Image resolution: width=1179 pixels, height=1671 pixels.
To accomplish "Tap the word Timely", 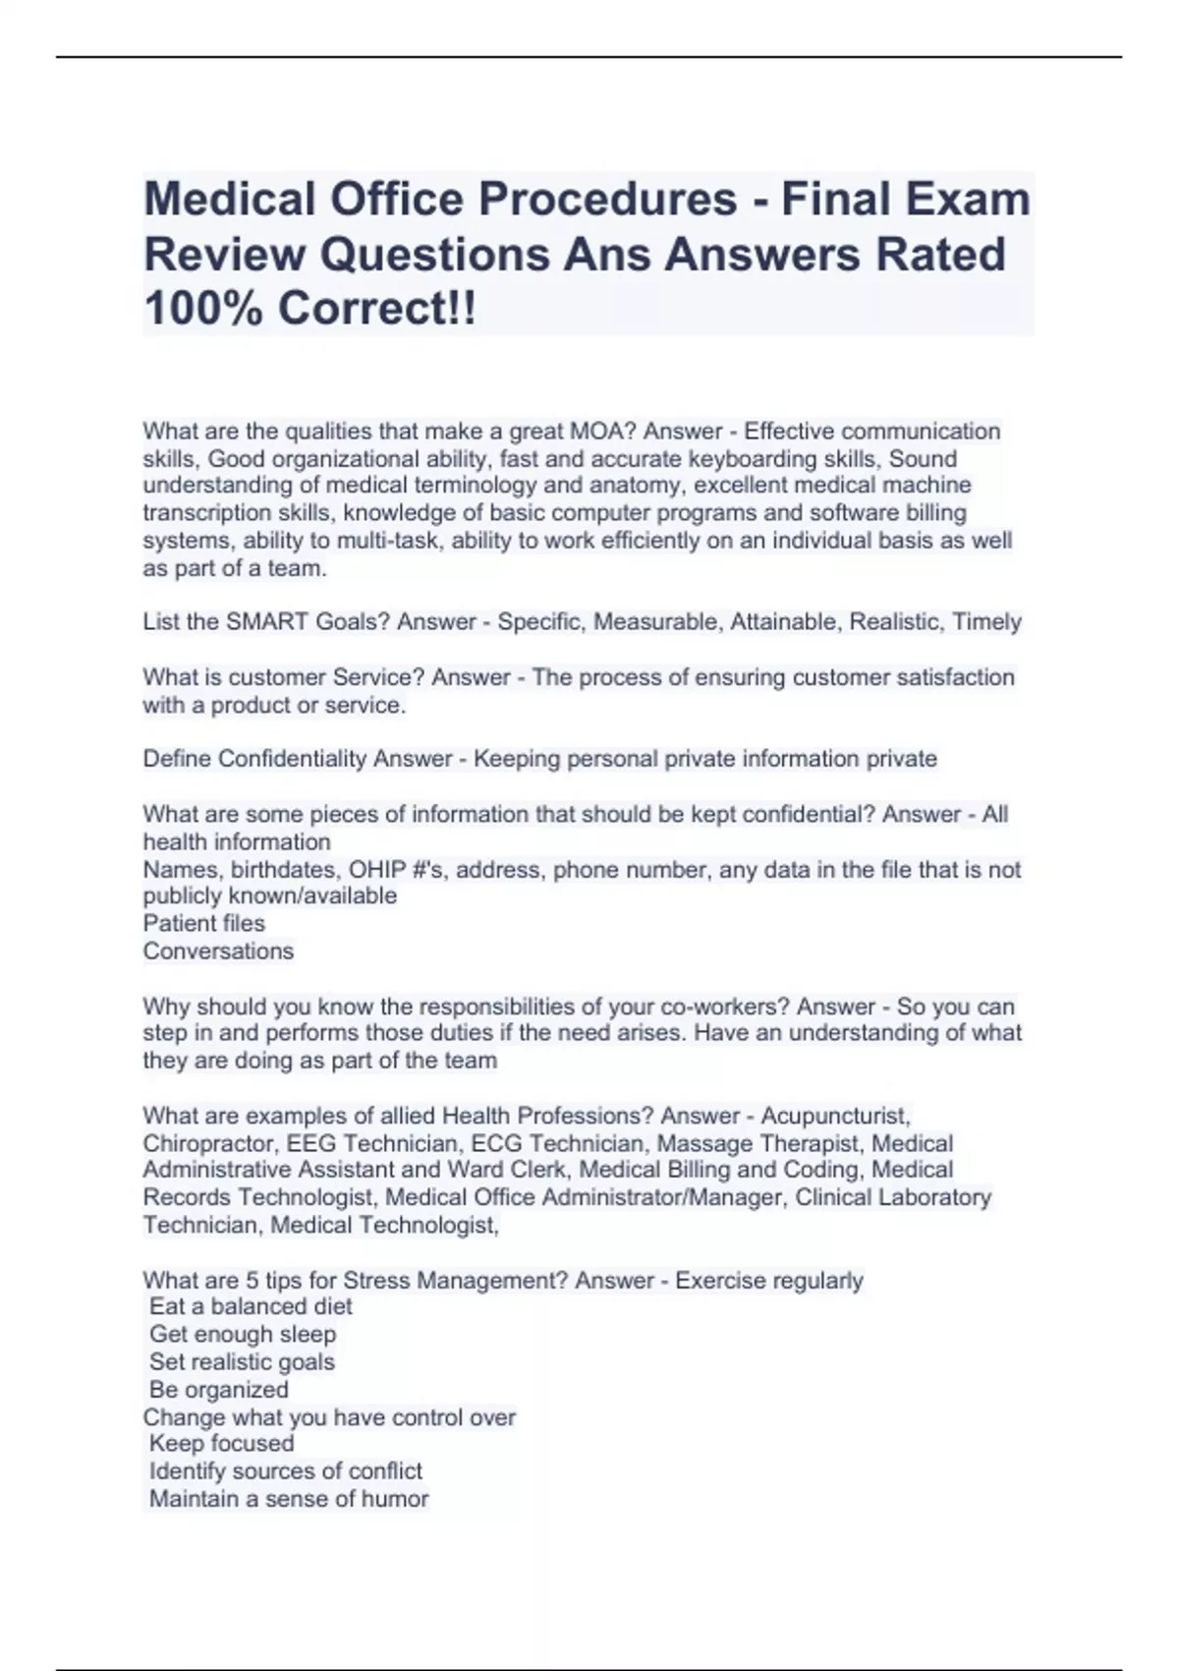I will [x=987, y=622].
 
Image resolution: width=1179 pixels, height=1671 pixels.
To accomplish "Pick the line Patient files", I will [x=204, y=924].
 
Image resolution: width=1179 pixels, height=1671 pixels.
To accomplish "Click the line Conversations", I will [x=218, y=951].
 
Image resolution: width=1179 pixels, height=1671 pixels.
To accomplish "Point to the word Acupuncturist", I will [x=836, y=1117].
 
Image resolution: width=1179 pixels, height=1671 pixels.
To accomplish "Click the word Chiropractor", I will [x=207, y=1144].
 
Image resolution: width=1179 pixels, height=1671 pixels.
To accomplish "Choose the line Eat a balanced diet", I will [x=251, y=1307].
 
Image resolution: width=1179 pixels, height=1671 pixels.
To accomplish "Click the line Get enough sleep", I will [x=243, y=1335].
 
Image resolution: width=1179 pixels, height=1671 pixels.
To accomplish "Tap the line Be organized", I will [x=219, y=1390].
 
